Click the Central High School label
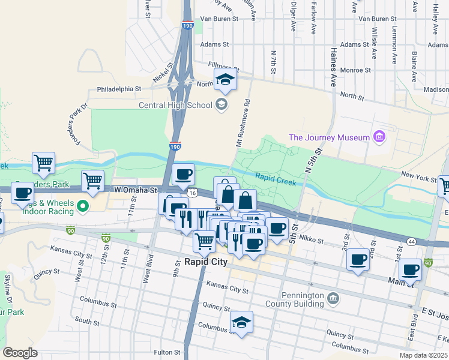point(175,106)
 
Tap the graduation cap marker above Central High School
point(225,80)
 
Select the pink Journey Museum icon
point(379,137)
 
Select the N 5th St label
point(313,161)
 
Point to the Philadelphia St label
point(119,89)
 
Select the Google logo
point(20,352)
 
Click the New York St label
point(418,179)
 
